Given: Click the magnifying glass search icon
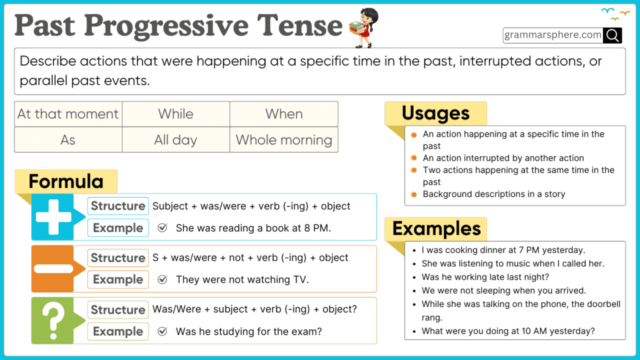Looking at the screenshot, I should (x=612, y=35).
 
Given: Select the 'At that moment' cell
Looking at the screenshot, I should (x=68, y=114).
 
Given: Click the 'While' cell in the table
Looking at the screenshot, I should (x=176, y=114).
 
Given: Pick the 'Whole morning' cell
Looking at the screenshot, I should (x=284, y=139).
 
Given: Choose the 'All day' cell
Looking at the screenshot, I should (x=176, y=139).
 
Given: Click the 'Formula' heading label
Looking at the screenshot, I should (x=66, y=182).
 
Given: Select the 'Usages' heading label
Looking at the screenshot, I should (x=435, y=113).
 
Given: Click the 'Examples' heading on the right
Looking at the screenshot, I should (x=436, y=228).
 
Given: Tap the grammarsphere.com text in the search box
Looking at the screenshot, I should (x=553, y=35).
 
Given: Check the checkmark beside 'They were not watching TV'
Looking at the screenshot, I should (x=162, y=279).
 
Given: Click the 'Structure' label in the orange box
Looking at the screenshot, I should (x=118, y=257).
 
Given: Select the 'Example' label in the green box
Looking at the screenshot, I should (x=118, y=331).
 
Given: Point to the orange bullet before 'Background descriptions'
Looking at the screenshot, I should (x=414, y=194).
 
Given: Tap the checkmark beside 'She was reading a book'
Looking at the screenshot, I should (x=162, y=228).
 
